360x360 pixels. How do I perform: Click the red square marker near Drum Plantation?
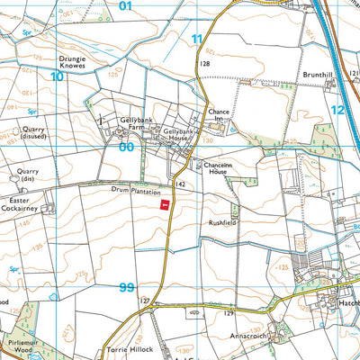[x=165, y=205]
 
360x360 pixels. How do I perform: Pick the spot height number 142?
[x=181, y=183]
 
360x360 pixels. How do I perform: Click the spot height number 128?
[x=205, y=64]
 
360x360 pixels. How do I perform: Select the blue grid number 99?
[x=126, y=287]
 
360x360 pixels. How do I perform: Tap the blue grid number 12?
[x=337, y=109]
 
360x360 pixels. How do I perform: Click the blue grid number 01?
[x=125, y=6]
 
